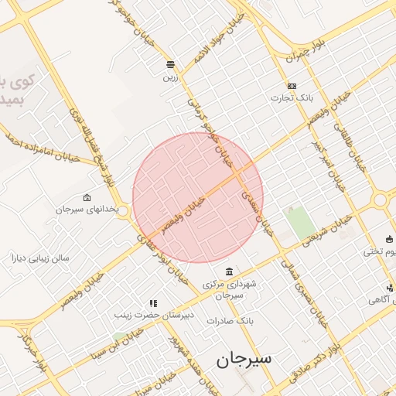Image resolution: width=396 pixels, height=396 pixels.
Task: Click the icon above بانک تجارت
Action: click(292, 86)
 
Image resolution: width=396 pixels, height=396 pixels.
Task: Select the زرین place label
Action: click(170, 77)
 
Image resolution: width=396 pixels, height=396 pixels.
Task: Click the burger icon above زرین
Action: click(170, 64)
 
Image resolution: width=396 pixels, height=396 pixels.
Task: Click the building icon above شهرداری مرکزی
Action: click(228, 271)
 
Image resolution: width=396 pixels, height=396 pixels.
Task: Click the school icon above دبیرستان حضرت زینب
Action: click(153, 304)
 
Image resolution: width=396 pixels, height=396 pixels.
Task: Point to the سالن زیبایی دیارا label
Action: click(40, 258)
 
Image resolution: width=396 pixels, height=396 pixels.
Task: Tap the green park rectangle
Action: click(298, 223)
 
